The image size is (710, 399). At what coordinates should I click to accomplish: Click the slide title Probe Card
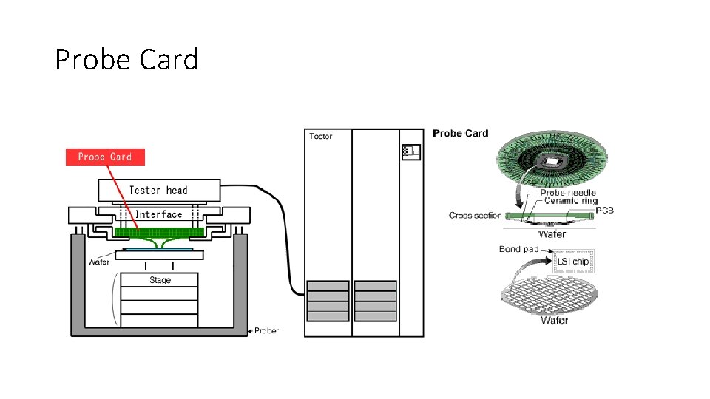pos(126,59)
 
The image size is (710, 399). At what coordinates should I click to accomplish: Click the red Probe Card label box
pos(105,157)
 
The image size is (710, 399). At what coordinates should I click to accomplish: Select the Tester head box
pos(158,190)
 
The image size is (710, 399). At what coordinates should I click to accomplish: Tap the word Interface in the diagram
pos(158,214)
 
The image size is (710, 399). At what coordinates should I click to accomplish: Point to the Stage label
pos(160,280)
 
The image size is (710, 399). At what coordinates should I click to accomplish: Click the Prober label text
pos(266,330)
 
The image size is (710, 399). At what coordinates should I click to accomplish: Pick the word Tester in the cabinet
pos(321,136)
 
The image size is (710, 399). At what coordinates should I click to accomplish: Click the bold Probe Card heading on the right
pos(460,133)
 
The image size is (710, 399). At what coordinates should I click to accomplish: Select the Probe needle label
pos(568,193)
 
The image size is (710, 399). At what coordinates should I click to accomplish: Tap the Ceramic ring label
pos(569,201)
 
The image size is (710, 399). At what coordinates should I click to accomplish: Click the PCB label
pos(603,211)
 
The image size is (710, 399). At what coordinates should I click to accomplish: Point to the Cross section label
pos(475,216)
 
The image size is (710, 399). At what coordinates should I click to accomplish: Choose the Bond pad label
pos(518,249)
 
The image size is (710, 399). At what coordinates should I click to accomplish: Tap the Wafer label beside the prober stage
pos(99,262)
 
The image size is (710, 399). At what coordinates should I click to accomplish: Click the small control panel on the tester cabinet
pos(410,152)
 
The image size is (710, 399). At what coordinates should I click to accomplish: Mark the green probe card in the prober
pos(159,232)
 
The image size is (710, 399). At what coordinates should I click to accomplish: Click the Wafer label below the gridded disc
pos(554,320)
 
